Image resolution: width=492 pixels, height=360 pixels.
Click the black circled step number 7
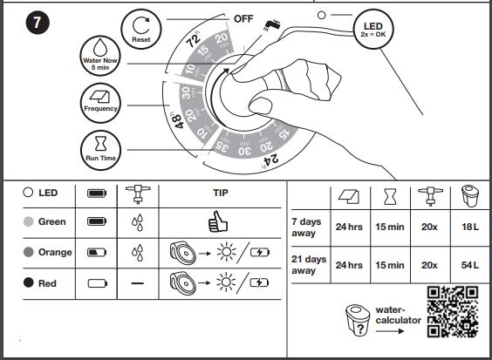(x=38, y=23)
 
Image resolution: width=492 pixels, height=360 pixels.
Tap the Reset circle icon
(x=141, y=29)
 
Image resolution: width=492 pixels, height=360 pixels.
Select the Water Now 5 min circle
(x=100, y=56)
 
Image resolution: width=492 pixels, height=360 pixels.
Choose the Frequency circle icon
(x=100, y=103)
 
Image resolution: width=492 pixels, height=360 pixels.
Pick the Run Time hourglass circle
(x=100, y=150)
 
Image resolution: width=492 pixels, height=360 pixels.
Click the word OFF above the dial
(x=243, y=19)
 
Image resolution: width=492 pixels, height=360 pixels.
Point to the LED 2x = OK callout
(x=373, y=29)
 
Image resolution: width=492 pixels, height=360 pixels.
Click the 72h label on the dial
(x=194, y=39)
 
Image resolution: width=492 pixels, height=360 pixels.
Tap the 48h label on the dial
(x=178, y=121)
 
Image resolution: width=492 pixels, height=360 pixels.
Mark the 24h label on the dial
(x=270, y=160)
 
